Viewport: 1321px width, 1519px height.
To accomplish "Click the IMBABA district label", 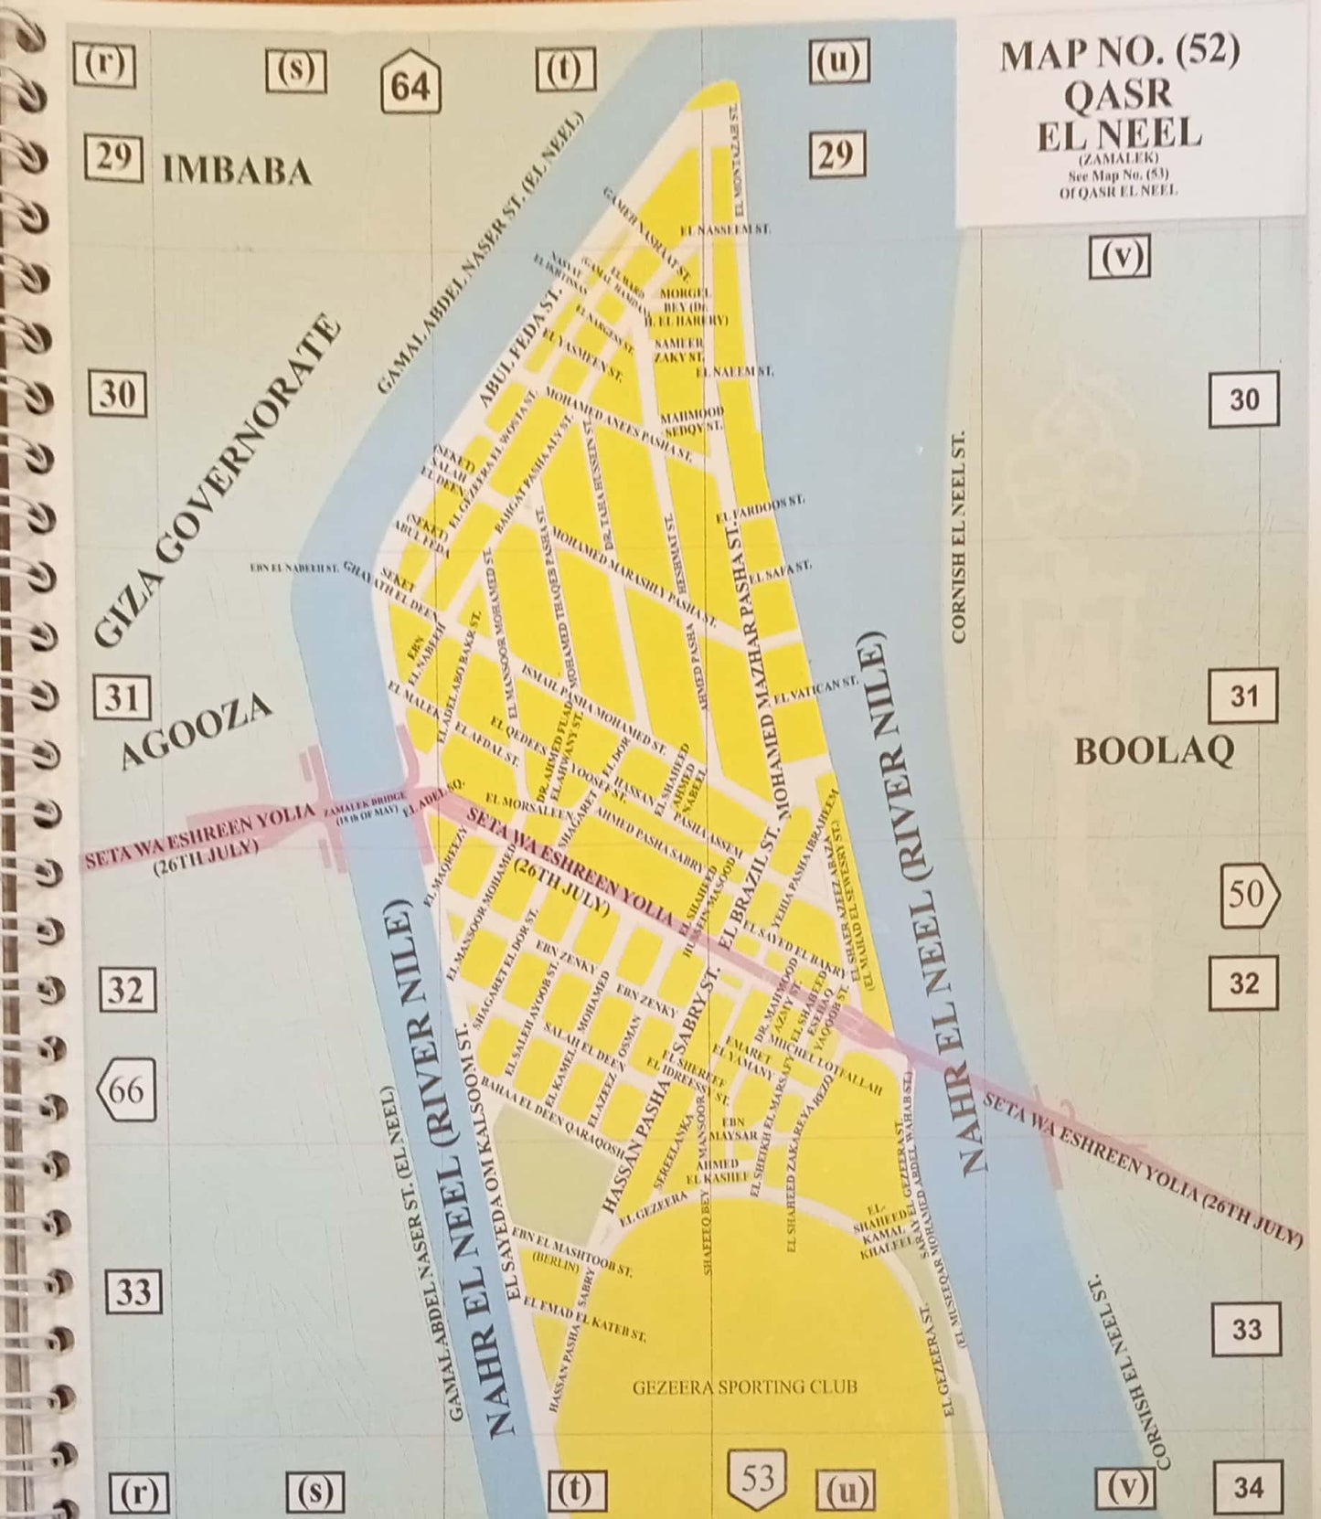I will coord(236,171).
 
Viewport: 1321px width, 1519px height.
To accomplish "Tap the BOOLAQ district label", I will coord(1154,751).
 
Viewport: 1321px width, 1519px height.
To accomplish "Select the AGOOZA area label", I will coord(196,731).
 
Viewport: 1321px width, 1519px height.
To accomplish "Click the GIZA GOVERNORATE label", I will coord(218,482).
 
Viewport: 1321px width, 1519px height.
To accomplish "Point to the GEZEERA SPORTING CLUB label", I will coord(744,1386).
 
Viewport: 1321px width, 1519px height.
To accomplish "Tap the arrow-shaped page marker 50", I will coord(1250,894).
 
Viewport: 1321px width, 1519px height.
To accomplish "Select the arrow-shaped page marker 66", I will coord(125,1089).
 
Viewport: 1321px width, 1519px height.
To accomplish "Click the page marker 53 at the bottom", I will coord(757,1478).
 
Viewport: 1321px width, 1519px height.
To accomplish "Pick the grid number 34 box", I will coord(1248,1487).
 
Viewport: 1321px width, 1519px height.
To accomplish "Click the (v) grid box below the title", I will coord(1120,258).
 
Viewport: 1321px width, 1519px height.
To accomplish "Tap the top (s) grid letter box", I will coord(295,69).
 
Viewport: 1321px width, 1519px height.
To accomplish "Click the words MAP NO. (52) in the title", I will coord(1119,55).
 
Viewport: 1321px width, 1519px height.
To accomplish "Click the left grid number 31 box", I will coord(121,698).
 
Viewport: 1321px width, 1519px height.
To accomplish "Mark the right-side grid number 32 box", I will coord(1243,983).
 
